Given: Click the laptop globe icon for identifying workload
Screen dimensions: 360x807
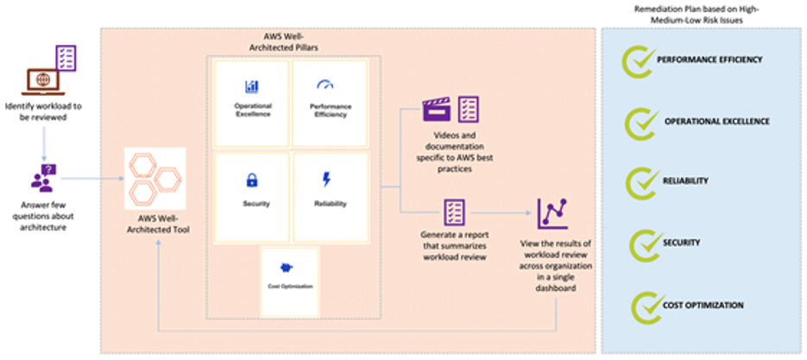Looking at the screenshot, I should (37, 80).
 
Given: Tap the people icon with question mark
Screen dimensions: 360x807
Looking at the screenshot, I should (43, 180).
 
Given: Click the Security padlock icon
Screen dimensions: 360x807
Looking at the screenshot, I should (252, 180).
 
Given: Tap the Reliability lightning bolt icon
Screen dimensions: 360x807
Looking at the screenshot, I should (325, 180).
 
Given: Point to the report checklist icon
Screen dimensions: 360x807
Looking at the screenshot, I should (454, 212).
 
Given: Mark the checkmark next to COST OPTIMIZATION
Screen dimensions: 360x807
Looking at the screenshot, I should (646, 305).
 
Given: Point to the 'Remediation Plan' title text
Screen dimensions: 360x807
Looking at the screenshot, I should (703, 12).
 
